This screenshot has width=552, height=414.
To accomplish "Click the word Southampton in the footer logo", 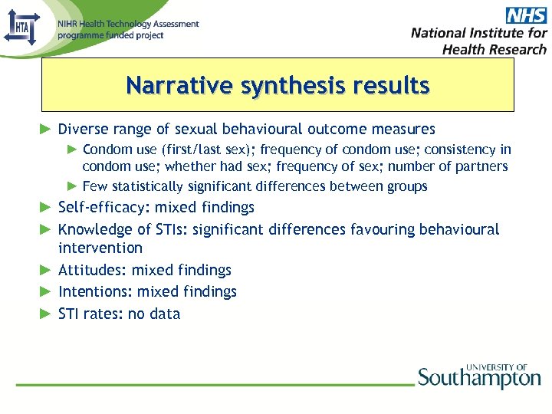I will pyautogui.click(x=479, y=379).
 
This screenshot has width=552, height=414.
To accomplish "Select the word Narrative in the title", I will pyautogui.click(x=179, y=85).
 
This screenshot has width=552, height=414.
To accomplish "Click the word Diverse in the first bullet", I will pyautogui.click(x=80, y=129).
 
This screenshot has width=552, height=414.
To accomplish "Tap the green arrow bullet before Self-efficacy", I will pyautogui.click(x=46, y=207).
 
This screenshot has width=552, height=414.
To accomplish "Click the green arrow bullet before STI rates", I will pyautogui.click(x=46, y=314).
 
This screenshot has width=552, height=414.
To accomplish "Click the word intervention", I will pyautogui.click(x=100, y=248).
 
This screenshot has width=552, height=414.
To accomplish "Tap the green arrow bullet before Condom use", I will pyautogui.click(x=72, y=149).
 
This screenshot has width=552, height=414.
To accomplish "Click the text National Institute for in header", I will pyautogui.click(x=479, y=33).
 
